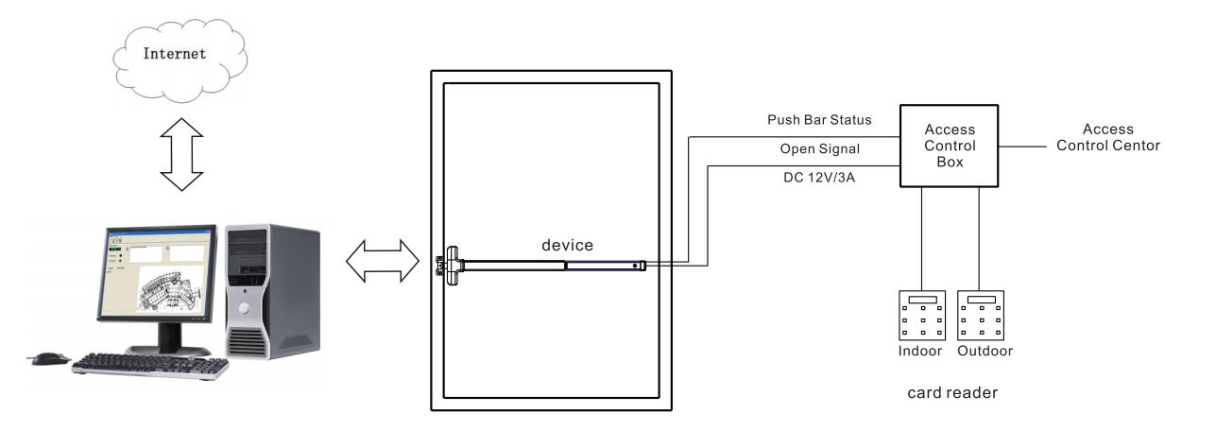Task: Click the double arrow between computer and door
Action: click(383, 260)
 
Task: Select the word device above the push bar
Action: click(567, 245)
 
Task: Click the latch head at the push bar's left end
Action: click(446, 266)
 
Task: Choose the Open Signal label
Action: click(820, 149)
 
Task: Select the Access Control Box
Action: click(949, 146)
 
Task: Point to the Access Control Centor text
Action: click(1107, 137)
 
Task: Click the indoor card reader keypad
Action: click(920, 316)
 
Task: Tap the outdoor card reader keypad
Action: click(984, 316)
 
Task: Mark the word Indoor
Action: click(919, 352)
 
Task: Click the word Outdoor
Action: click(985, 352)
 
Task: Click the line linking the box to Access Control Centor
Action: click(1024, 146)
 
